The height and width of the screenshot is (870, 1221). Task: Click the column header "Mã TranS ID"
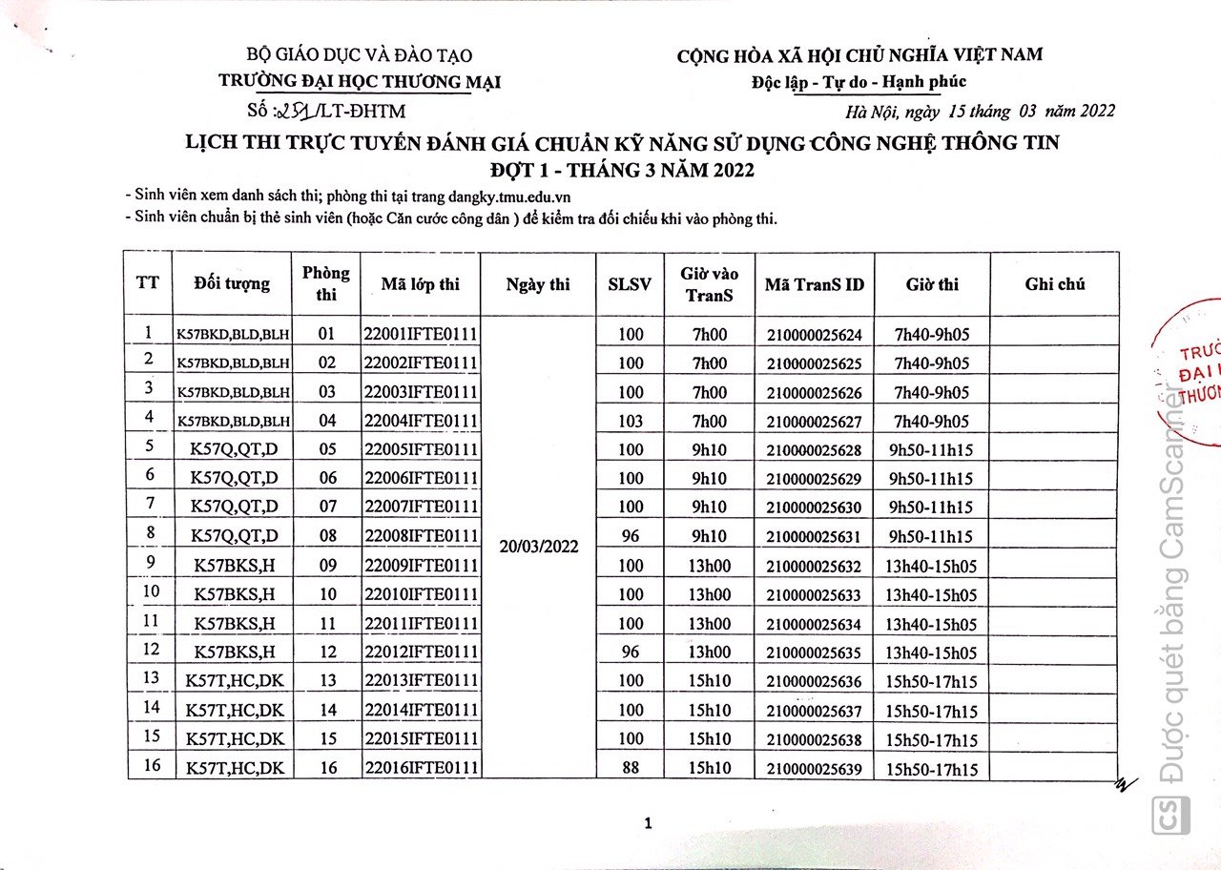pos(814,284)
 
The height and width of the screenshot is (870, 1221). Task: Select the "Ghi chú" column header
pos(1054,283)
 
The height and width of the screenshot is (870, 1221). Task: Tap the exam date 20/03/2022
pos(538,548)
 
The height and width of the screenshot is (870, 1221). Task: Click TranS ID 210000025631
pos(814,537)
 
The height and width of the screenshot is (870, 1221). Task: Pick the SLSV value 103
pos(631,421)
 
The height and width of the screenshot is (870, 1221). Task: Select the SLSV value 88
pos(631,767)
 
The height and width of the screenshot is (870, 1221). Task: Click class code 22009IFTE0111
pos(420,566)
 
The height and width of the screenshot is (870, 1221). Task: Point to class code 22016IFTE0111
pos(420,768)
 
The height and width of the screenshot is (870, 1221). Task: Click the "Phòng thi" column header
pos(326,283)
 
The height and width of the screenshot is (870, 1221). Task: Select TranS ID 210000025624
pos(814,335)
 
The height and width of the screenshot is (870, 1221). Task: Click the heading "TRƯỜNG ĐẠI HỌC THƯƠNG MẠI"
pos(360,81)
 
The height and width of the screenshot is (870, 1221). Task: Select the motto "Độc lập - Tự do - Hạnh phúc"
pos(859,81)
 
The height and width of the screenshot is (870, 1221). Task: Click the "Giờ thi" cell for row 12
pos(931,652)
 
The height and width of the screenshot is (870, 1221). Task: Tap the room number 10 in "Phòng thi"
pos(327,594)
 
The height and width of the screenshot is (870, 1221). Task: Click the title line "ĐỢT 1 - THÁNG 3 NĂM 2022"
pos(621,171)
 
